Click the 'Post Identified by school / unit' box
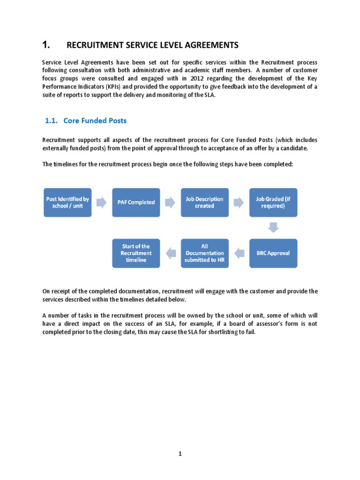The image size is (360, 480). [x=67, y=202]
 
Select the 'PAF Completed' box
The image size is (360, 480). [x=136, y=202]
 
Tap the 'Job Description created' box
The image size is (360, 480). [x=205, y=202]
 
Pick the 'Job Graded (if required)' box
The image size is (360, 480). [x=273, y=202]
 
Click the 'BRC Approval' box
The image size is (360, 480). [x=273, y=253]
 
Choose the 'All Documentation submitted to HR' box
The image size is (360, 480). [x=205, y=253]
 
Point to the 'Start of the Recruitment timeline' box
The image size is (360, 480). [x=136, y=253]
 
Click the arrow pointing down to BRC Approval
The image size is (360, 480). [x=273, y=228]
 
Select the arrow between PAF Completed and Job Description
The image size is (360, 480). [x=170, y=202]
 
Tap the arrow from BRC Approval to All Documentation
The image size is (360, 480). [x=240, y=254]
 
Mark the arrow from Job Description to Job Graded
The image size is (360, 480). [x=239, y=202]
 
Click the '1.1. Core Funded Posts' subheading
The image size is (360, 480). [x=86, y=120]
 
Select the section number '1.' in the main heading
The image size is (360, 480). [x=45, y=45]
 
